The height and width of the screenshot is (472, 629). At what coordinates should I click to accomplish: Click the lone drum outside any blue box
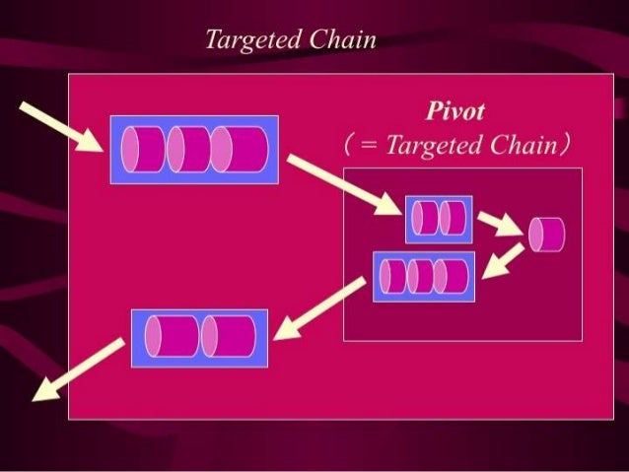pos(546,234)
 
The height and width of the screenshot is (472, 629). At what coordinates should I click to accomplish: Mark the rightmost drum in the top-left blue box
pos(239,150)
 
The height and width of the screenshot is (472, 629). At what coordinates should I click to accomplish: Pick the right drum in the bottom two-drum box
pos(228,336)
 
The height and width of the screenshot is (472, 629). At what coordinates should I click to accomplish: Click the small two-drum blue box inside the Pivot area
pos(439,218)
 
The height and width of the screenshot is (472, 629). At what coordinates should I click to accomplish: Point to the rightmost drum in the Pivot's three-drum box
pos(453,277)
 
